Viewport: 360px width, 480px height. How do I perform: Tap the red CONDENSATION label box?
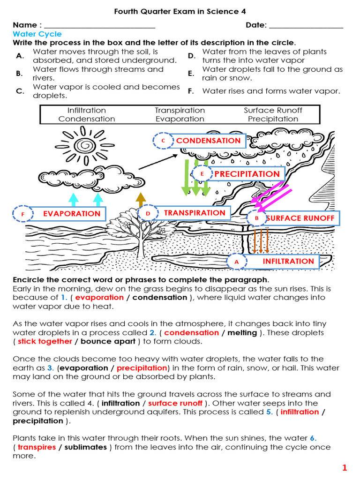[209, 141]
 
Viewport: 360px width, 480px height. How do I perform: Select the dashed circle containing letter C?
[163, 141]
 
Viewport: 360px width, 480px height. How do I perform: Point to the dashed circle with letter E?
[202, 174]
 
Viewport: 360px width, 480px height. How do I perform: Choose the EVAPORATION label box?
[72, 214]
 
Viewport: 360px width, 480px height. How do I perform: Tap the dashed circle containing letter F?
[22, 214]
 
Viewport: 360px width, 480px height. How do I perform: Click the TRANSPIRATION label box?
[195, 213]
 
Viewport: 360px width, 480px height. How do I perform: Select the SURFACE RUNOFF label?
[300, 218]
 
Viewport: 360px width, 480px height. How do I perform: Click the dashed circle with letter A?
[236, 262]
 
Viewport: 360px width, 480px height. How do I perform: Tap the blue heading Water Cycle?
[37, 34]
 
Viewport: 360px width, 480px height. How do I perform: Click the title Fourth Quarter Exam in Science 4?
[180, 11]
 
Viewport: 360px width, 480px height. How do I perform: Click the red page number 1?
[345, 467]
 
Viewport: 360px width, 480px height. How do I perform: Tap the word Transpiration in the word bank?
[180, 111]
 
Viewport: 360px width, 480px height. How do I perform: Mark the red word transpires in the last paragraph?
[37, 447]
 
